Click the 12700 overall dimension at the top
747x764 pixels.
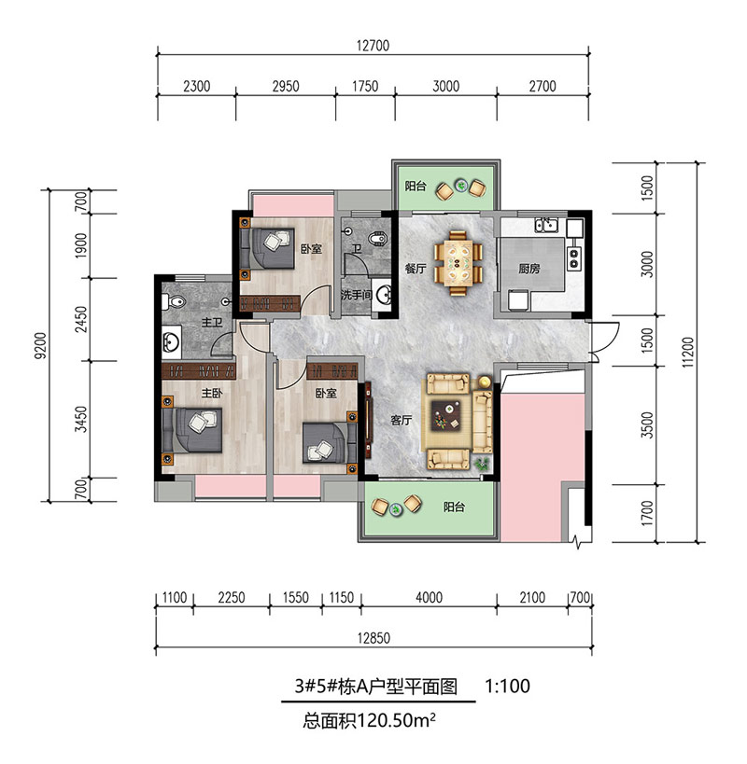[373, 46]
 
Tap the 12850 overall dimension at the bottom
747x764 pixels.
[374, 638]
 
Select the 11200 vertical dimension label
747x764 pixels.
[687, 353]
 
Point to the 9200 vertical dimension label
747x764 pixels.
[42, 345]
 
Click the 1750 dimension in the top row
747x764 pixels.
[365, 86]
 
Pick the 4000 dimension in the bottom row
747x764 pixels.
[430, 597]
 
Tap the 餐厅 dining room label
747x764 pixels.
[416, 268]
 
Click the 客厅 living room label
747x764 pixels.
[402, 420]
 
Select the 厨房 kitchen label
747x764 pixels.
[529, 269]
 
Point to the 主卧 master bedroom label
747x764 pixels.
[212, 393]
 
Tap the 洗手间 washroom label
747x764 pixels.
[357, 295]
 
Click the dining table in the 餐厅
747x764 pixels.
[458, 263]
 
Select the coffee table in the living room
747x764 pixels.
[447, 415]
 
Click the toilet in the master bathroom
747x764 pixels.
[174, 301]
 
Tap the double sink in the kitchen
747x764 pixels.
[546, 225]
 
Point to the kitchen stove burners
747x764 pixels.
[573, 258]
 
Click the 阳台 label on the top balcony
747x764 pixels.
[416, 187]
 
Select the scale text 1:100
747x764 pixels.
[508, 686]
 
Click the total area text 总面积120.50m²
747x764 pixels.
[369, 720]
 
